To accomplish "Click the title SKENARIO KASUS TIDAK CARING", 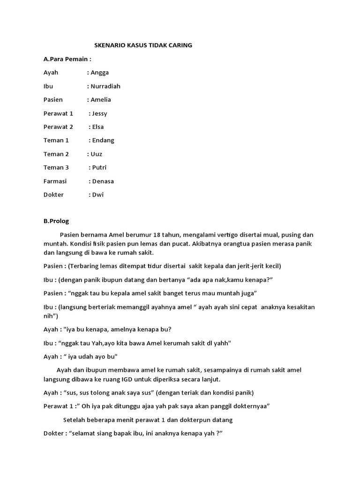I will (143, 45).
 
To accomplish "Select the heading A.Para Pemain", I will (67, 59).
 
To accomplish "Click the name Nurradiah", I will (105, 86).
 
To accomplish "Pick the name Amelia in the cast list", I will (101, 100).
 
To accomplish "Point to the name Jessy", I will (99, 113).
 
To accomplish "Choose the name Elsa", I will (98, 127).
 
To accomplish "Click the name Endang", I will (103, 141).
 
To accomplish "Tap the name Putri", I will (99, 168).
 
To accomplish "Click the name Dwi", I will (98, 195).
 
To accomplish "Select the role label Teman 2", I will (56, 154).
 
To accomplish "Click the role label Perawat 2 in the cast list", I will (58, 127).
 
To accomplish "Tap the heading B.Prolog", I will (56, 221).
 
